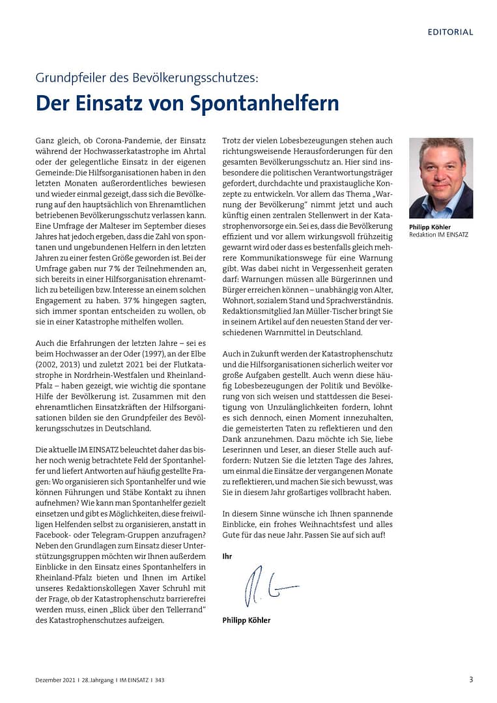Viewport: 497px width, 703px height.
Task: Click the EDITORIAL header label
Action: click(x=450, y=32)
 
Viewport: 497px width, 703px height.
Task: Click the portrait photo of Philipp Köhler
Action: click(x=441, y=177)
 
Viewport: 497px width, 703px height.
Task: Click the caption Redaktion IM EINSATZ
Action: click(x=438, y=235)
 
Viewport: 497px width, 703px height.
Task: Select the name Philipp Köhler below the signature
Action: click(x=246, y=620)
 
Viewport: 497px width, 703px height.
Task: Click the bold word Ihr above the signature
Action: click(x=227, y=556)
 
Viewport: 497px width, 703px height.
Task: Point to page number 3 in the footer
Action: click(x=471, y=680)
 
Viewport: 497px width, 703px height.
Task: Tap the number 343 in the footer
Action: click(x=160, y=680)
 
